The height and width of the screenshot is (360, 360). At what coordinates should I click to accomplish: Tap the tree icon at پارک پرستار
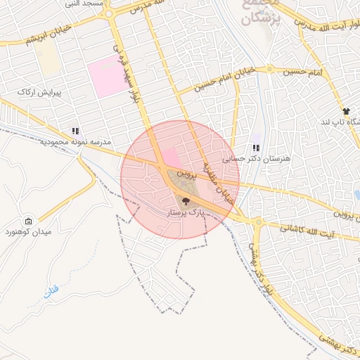[186, 202]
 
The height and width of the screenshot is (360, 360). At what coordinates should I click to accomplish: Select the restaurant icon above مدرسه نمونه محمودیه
[75, 131]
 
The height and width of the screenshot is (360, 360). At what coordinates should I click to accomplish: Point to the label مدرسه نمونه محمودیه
[67, 142]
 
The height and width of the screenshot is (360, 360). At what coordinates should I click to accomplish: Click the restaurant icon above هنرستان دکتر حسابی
[256, 148]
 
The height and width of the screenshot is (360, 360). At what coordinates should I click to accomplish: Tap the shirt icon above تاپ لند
[346, 111]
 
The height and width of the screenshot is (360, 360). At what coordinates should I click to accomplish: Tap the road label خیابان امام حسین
[223, 79]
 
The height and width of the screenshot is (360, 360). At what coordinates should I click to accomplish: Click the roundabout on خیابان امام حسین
[269, 70]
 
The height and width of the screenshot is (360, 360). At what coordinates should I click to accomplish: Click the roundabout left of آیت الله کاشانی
[259, 221]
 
